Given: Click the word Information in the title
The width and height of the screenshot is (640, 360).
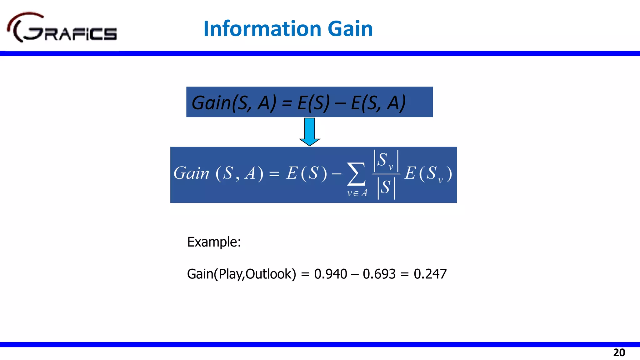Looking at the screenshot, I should (x=262, y=29).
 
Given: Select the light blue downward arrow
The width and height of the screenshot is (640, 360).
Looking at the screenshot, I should (x=309, y=131).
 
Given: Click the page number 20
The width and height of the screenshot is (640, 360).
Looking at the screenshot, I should (x=619, y=352).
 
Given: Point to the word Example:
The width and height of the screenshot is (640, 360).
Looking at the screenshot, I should (x=214, y=242).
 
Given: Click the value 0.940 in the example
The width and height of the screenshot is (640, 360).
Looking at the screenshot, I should (x=331, y=274).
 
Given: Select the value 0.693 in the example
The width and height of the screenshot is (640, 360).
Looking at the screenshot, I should (x=379, y=274).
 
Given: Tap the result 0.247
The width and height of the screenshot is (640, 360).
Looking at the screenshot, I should (x=430, y=274).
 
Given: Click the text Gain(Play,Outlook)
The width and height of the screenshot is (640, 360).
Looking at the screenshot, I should (x=241, y=274).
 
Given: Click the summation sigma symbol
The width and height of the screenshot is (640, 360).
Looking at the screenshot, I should (x=356, y=174).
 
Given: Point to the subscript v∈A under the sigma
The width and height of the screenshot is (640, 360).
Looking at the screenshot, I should (x=357, y=193).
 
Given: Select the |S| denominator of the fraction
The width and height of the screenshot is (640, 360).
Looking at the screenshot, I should (x=386, y=188).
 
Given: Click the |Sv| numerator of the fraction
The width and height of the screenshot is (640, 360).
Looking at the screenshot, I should (x=386, y=161).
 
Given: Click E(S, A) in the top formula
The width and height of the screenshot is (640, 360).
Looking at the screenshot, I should (x=378, y=102).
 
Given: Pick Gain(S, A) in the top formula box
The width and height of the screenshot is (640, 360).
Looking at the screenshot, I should (x=234, y=102).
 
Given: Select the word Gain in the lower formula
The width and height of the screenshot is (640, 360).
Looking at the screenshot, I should (x=191, y=173).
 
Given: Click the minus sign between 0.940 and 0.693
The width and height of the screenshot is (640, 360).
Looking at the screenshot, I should (x=355, y=274).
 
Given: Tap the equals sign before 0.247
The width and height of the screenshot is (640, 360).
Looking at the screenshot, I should (x=405, y=274).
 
